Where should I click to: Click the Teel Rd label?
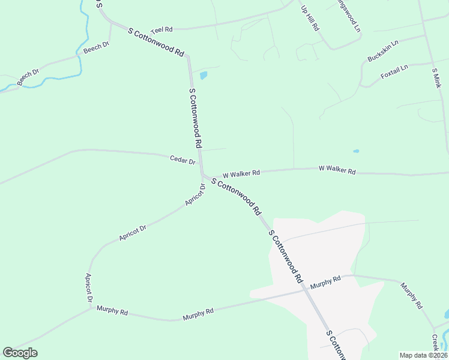click(161, 29)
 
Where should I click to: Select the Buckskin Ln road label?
click(383, 52)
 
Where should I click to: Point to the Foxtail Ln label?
click(394, 71)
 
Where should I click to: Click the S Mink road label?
click(436, 78)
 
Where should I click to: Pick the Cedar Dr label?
click(183, 161)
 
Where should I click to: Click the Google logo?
click(20, 353)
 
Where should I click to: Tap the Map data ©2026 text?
click(423, 355)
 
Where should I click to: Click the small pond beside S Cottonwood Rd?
click(203, 76)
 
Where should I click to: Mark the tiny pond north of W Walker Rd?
click(356, 151)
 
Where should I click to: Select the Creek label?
click(435, 343)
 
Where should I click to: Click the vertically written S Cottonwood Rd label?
click(194, 119)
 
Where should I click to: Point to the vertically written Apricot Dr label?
click(89, 287)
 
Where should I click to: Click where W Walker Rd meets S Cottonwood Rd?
click(204, 176)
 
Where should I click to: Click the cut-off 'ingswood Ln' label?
click(348, 19)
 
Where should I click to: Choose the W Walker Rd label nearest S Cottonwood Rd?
click(241, 174)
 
